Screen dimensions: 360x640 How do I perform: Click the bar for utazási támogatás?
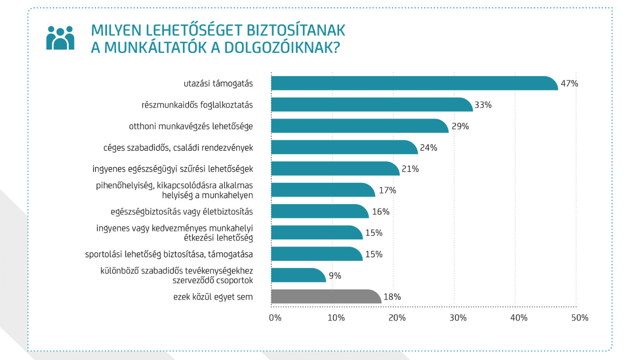(x=414, y=84)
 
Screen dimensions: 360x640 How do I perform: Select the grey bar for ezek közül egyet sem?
(x=325, y=296)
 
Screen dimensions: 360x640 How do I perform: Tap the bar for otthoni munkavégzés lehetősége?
(x=359, y=126)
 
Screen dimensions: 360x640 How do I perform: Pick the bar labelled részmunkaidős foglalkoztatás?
(x=371, y=105)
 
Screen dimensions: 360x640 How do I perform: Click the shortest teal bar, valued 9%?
(x=298, y=275)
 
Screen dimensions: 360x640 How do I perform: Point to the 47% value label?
(x=570, y=84)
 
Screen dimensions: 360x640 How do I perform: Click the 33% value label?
(x=483, y=105)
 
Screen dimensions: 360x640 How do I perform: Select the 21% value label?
(x=410, y=169)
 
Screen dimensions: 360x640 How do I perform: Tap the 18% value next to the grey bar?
(x=392, y=297)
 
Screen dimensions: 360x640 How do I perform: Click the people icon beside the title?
(x=60, y=37)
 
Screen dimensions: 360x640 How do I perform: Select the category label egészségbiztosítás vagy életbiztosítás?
(x=181, y=212)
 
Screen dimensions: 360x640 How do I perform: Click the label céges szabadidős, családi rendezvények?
(x=178, y=148)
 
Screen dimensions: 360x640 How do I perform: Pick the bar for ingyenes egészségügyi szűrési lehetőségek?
(x=335, y=169)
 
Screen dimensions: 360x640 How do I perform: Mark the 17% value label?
(x=387, y=190)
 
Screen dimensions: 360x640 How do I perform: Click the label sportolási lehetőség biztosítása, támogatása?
(x=169, y=254)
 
